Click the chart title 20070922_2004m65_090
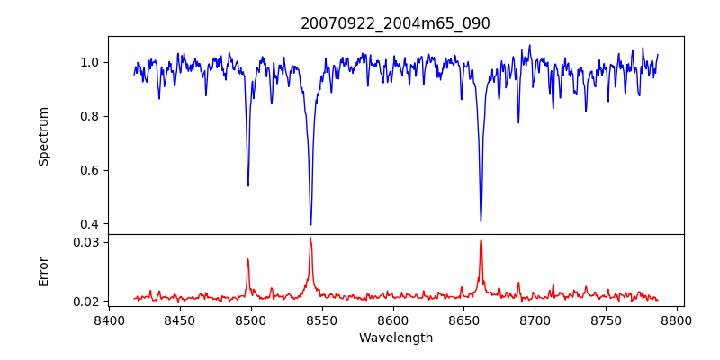point(395,24)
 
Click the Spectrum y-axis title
point(43,137)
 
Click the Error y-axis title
point(43,272)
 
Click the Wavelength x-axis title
point(396,338)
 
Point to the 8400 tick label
point(109,320)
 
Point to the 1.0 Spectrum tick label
point(93,62)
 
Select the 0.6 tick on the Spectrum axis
point(93,170)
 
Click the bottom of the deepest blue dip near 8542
point(310,224)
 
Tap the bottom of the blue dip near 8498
point(248,185)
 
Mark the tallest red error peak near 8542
point(310,238)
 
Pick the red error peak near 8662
point(481,240)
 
